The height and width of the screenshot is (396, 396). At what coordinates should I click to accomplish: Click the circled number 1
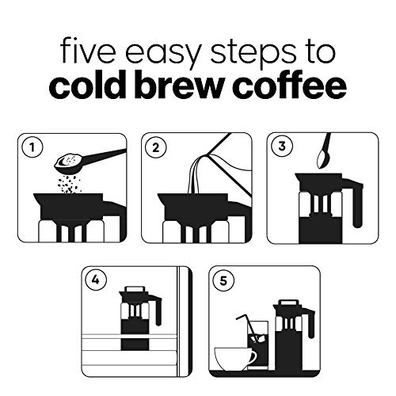tap(32, 147)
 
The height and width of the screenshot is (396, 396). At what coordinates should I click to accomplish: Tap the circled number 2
tap(158, 147)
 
